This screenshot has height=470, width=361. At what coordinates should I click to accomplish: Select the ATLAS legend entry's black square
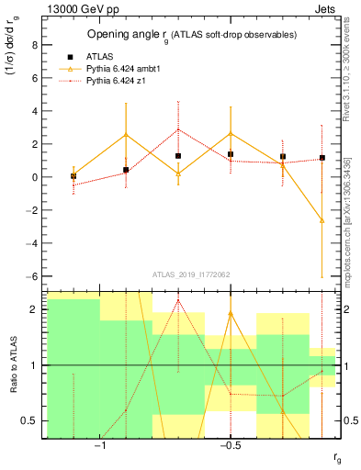[70, 56]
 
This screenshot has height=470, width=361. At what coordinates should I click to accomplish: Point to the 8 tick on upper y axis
[35, 44]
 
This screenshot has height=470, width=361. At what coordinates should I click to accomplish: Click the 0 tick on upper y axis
[35, 177]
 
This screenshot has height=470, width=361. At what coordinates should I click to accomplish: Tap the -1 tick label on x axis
[100, 446]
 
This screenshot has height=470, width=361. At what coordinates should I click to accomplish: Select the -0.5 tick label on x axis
[230, 446]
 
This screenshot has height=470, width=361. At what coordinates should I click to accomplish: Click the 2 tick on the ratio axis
[35, 309]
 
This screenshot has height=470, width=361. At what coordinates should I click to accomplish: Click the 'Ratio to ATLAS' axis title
[13, 365]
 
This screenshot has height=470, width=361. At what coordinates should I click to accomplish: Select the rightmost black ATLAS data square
[322, 158]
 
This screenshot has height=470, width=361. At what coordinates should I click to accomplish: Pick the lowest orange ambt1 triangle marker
[322, 220]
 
